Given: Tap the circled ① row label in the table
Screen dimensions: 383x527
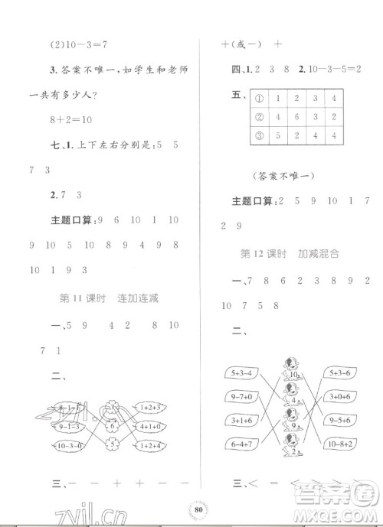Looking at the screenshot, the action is pyautogui.click(x=259, y=99).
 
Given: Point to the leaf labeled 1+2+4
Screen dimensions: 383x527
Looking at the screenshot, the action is pyautogui.click(x=152, y=446).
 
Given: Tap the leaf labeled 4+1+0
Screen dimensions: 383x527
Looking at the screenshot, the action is pyautogui.click(x=152, y=425).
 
